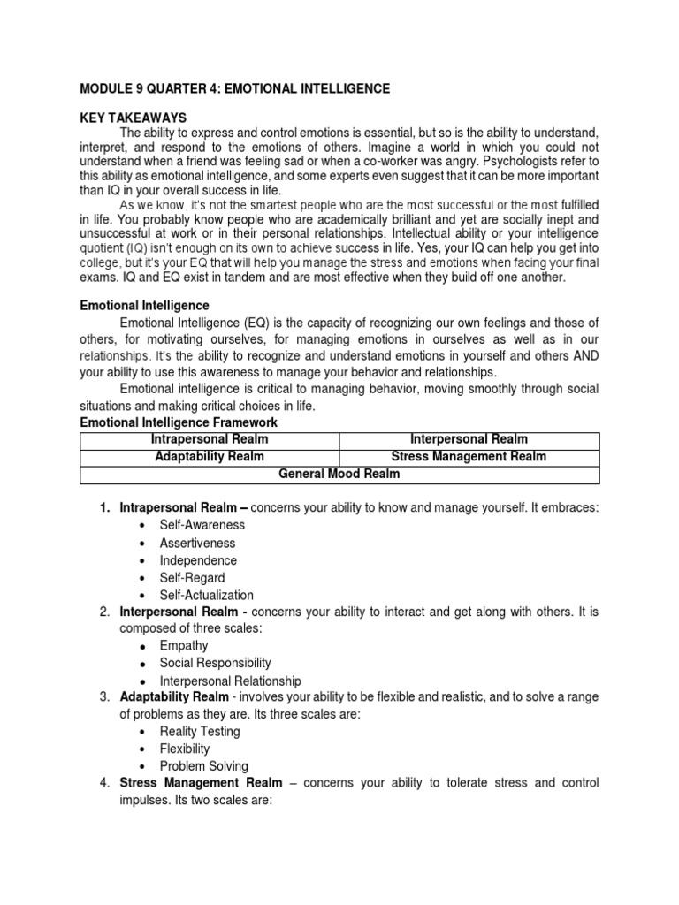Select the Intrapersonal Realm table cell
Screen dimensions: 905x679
[210, 439]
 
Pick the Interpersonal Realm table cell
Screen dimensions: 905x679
[469, 439]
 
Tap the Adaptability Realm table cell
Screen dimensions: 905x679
[210, 457]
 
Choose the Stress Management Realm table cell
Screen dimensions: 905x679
[469, 457]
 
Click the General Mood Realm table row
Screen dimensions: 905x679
[339, 475]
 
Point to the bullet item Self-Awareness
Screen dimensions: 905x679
[202, 525]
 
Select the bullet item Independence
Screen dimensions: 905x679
[198, 560]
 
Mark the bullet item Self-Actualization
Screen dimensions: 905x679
[206, 596]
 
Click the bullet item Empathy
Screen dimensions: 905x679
[184, 646]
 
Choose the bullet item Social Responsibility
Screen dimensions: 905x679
[215, 663]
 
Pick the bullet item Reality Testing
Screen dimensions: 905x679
[199, 732]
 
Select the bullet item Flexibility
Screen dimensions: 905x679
[185, 749]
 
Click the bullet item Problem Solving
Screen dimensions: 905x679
[203, 766]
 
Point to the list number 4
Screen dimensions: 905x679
[103, 783]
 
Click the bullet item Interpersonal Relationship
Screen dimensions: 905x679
[230, 681]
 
